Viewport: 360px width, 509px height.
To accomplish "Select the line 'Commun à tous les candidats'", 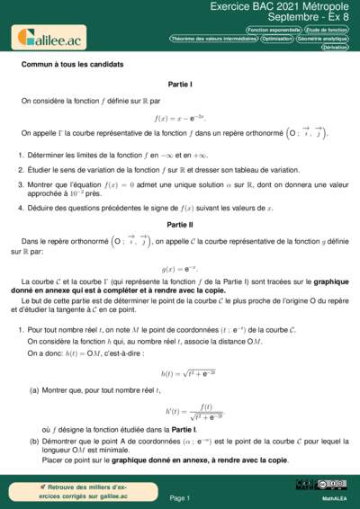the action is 72,65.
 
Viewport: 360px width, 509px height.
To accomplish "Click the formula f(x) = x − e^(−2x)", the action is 180,117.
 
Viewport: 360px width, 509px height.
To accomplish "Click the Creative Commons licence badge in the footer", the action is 309,486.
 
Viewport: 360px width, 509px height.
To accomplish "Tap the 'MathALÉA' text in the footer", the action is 335,497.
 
